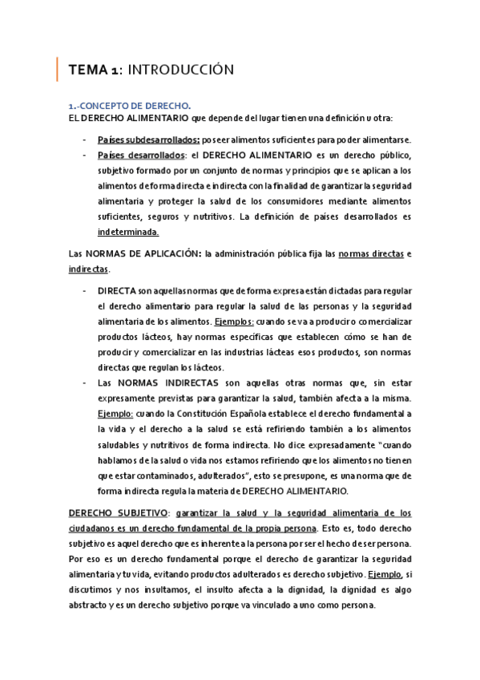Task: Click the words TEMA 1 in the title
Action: [x=95, y=71]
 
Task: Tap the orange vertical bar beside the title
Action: [x=57, y=70]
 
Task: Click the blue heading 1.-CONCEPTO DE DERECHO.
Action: [x=131, y=105]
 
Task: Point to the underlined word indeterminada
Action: [x=128, y=233]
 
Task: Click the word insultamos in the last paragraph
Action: [x=185, y=590]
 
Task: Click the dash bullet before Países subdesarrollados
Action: [x=86, y=139]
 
